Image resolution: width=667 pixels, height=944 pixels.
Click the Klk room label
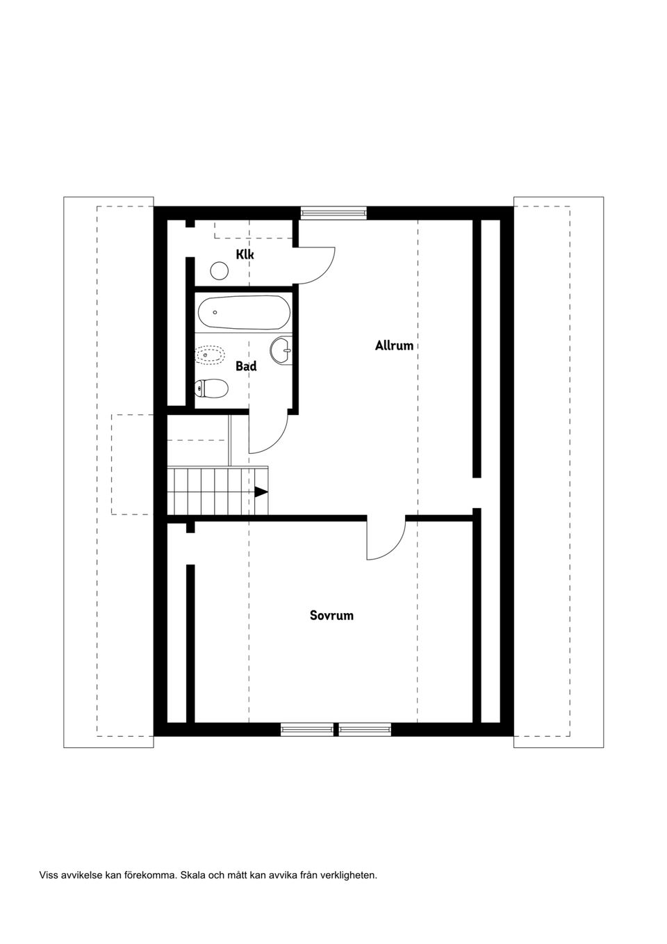point(245,254)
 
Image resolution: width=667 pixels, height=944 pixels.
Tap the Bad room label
point(246,366)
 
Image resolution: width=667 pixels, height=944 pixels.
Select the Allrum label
point(394,345)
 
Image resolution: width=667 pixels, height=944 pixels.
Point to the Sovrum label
point(331,615)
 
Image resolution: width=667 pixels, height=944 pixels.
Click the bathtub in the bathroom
point(243,313)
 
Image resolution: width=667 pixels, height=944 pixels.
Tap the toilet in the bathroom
point(212,389)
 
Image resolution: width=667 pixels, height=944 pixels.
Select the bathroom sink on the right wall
point(282,350)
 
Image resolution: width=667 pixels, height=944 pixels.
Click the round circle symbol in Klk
point(220,270)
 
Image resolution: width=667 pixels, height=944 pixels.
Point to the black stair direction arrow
point(261,492)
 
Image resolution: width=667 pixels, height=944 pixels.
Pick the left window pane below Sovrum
point(307,729)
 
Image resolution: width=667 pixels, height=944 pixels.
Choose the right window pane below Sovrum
point(365,729)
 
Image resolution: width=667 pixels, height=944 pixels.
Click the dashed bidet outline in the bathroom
point(211,355)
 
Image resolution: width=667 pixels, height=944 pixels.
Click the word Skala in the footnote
point(192,874)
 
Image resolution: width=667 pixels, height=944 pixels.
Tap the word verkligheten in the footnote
point(349,874)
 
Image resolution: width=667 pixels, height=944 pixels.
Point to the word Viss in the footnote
point(49,874)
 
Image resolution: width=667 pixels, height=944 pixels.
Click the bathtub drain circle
point(215,313)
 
